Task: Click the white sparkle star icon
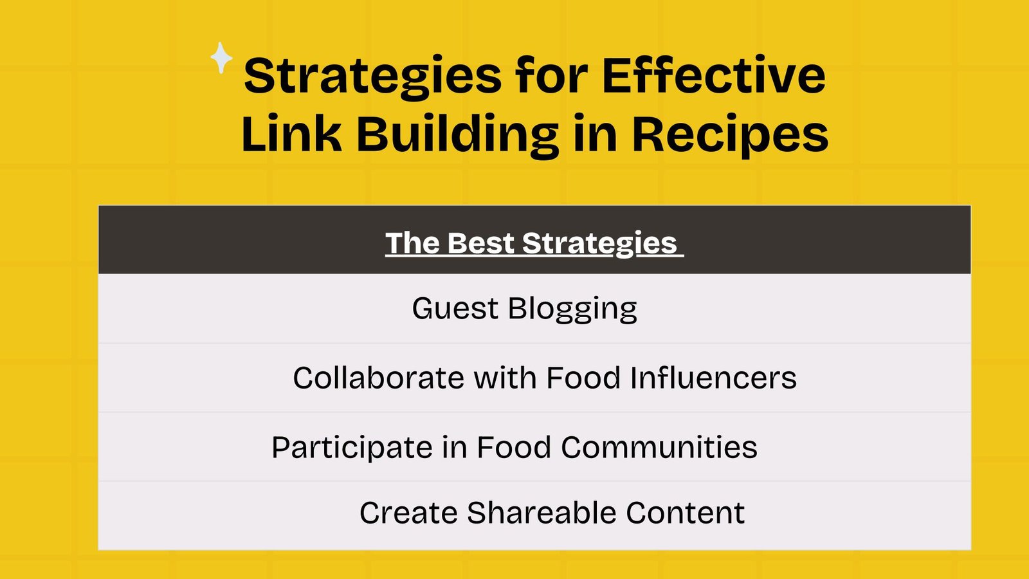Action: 221,58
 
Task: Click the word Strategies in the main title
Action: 372,77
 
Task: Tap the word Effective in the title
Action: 714,74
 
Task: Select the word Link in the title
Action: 292,133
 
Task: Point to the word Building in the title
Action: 458,135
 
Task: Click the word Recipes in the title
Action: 731,135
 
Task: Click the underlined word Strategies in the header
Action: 599,244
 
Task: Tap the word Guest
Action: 455,308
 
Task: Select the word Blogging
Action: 572,309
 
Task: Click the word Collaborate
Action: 379,378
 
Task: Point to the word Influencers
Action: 713,378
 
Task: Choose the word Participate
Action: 352,448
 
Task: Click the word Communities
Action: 659,447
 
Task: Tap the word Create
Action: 408,513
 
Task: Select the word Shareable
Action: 542,512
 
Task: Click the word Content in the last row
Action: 686,513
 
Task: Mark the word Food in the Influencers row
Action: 583,378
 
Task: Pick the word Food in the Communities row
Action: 514,447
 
